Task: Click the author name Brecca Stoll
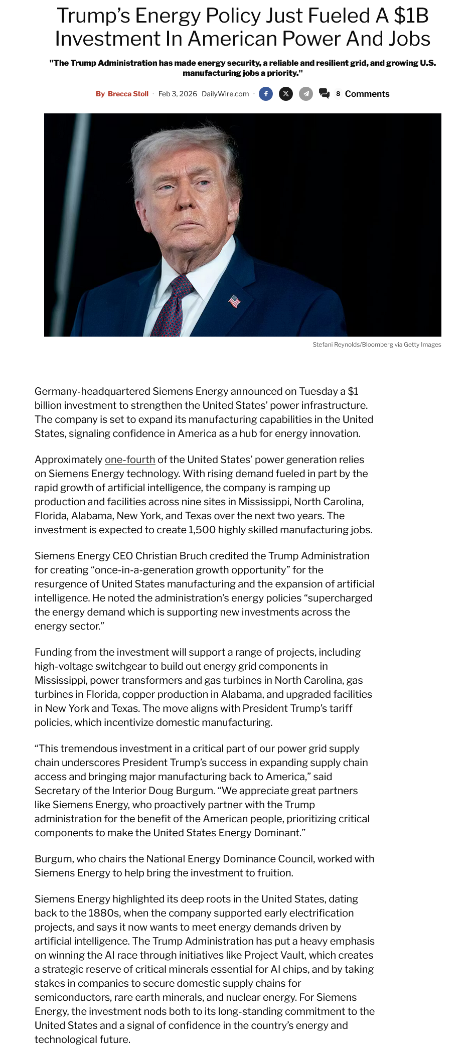coord(128,94)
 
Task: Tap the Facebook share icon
coord(266,94)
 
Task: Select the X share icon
coord(286,94)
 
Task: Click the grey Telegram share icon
coord(306,94)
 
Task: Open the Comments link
coord(367,94)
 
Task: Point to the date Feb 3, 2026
coord(178,94)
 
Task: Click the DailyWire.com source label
coord(225,94)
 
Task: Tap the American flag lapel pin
coord(234,301)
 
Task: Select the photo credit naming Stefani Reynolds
coord(377,345)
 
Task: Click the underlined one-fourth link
coord(130,460)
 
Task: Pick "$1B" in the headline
coord(411,16)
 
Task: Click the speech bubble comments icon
coord(325,93)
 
